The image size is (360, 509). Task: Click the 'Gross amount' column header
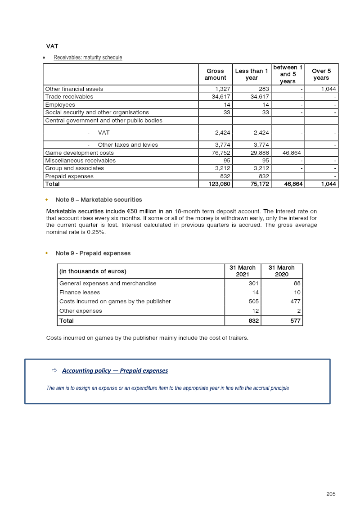point(216,74)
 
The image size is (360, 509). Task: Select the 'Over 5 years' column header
point(321,74)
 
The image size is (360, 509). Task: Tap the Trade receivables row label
point(69,97)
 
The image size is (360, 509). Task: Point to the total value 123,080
point(220,184)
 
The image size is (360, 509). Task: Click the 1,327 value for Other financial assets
point(223,89)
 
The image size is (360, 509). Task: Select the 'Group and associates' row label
point(74,168)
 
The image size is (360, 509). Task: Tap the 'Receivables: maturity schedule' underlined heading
point(88,58)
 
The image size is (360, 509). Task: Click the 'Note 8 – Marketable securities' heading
point(99,200)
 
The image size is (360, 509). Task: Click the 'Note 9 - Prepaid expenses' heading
point(93,253)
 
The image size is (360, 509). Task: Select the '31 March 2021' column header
point(243,271)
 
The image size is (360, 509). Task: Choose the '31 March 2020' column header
point(282,271)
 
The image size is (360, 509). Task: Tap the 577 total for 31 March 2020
point(295,321)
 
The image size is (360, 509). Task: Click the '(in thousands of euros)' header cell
point(93,271)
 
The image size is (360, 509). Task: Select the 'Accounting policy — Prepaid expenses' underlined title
point(115,371)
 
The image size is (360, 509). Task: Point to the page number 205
point(331,494)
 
